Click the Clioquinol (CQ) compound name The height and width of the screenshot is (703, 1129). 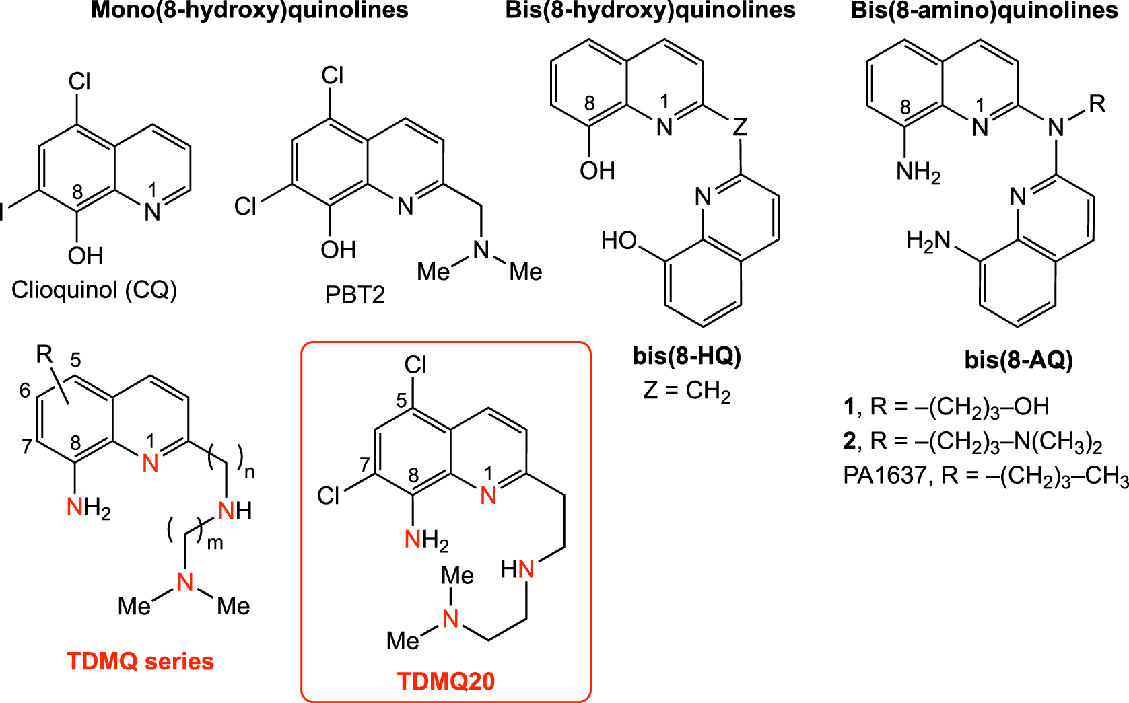[x=94, y=290]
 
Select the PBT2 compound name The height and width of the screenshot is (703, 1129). [x=355, y=295]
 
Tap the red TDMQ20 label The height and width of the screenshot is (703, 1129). [x=446, y=681]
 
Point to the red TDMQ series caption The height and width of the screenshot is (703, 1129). [x=140, y=661]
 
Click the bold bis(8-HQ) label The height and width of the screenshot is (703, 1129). [x=687, y=355]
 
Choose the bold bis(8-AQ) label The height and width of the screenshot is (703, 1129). [x=1019, y=360]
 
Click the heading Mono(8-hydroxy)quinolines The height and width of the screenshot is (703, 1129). [x=250, y=11]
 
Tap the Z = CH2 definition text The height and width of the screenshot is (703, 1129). [x=687, y=391]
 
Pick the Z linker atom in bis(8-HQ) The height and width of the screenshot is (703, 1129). [x=740, y=126]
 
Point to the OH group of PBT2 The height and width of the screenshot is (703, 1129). [x=338, y=250]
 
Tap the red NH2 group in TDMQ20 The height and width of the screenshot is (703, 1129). [x=426, y=540]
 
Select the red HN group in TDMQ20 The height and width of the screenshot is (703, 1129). [x=518, y=570]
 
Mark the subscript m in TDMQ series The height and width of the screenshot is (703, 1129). [x=215, y=543]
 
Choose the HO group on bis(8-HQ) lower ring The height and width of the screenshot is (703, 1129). [x=619, y=240]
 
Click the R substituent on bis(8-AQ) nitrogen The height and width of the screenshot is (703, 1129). [x=1097, y=104]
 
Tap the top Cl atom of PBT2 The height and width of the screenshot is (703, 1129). [x=333, y=75]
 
